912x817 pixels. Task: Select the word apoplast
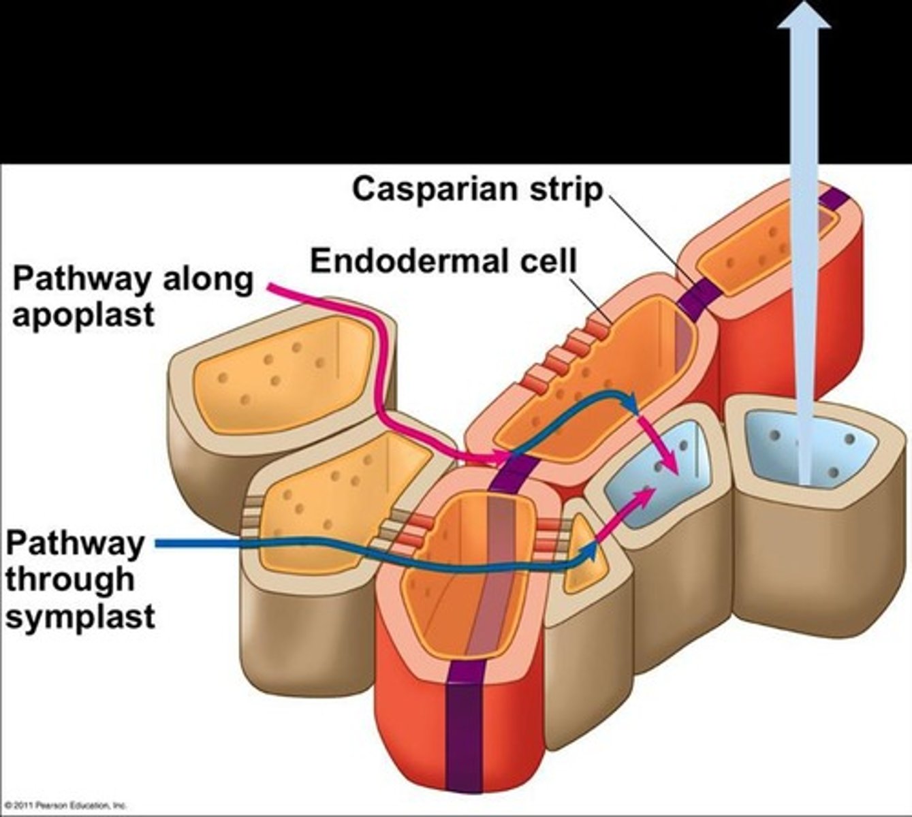click(83, 315)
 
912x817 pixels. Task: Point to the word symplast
click(80, 617)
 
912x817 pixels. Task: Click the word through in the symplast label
click(70, 580)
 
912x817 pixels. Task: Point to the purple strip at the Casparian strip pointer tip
click(698, 296)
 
